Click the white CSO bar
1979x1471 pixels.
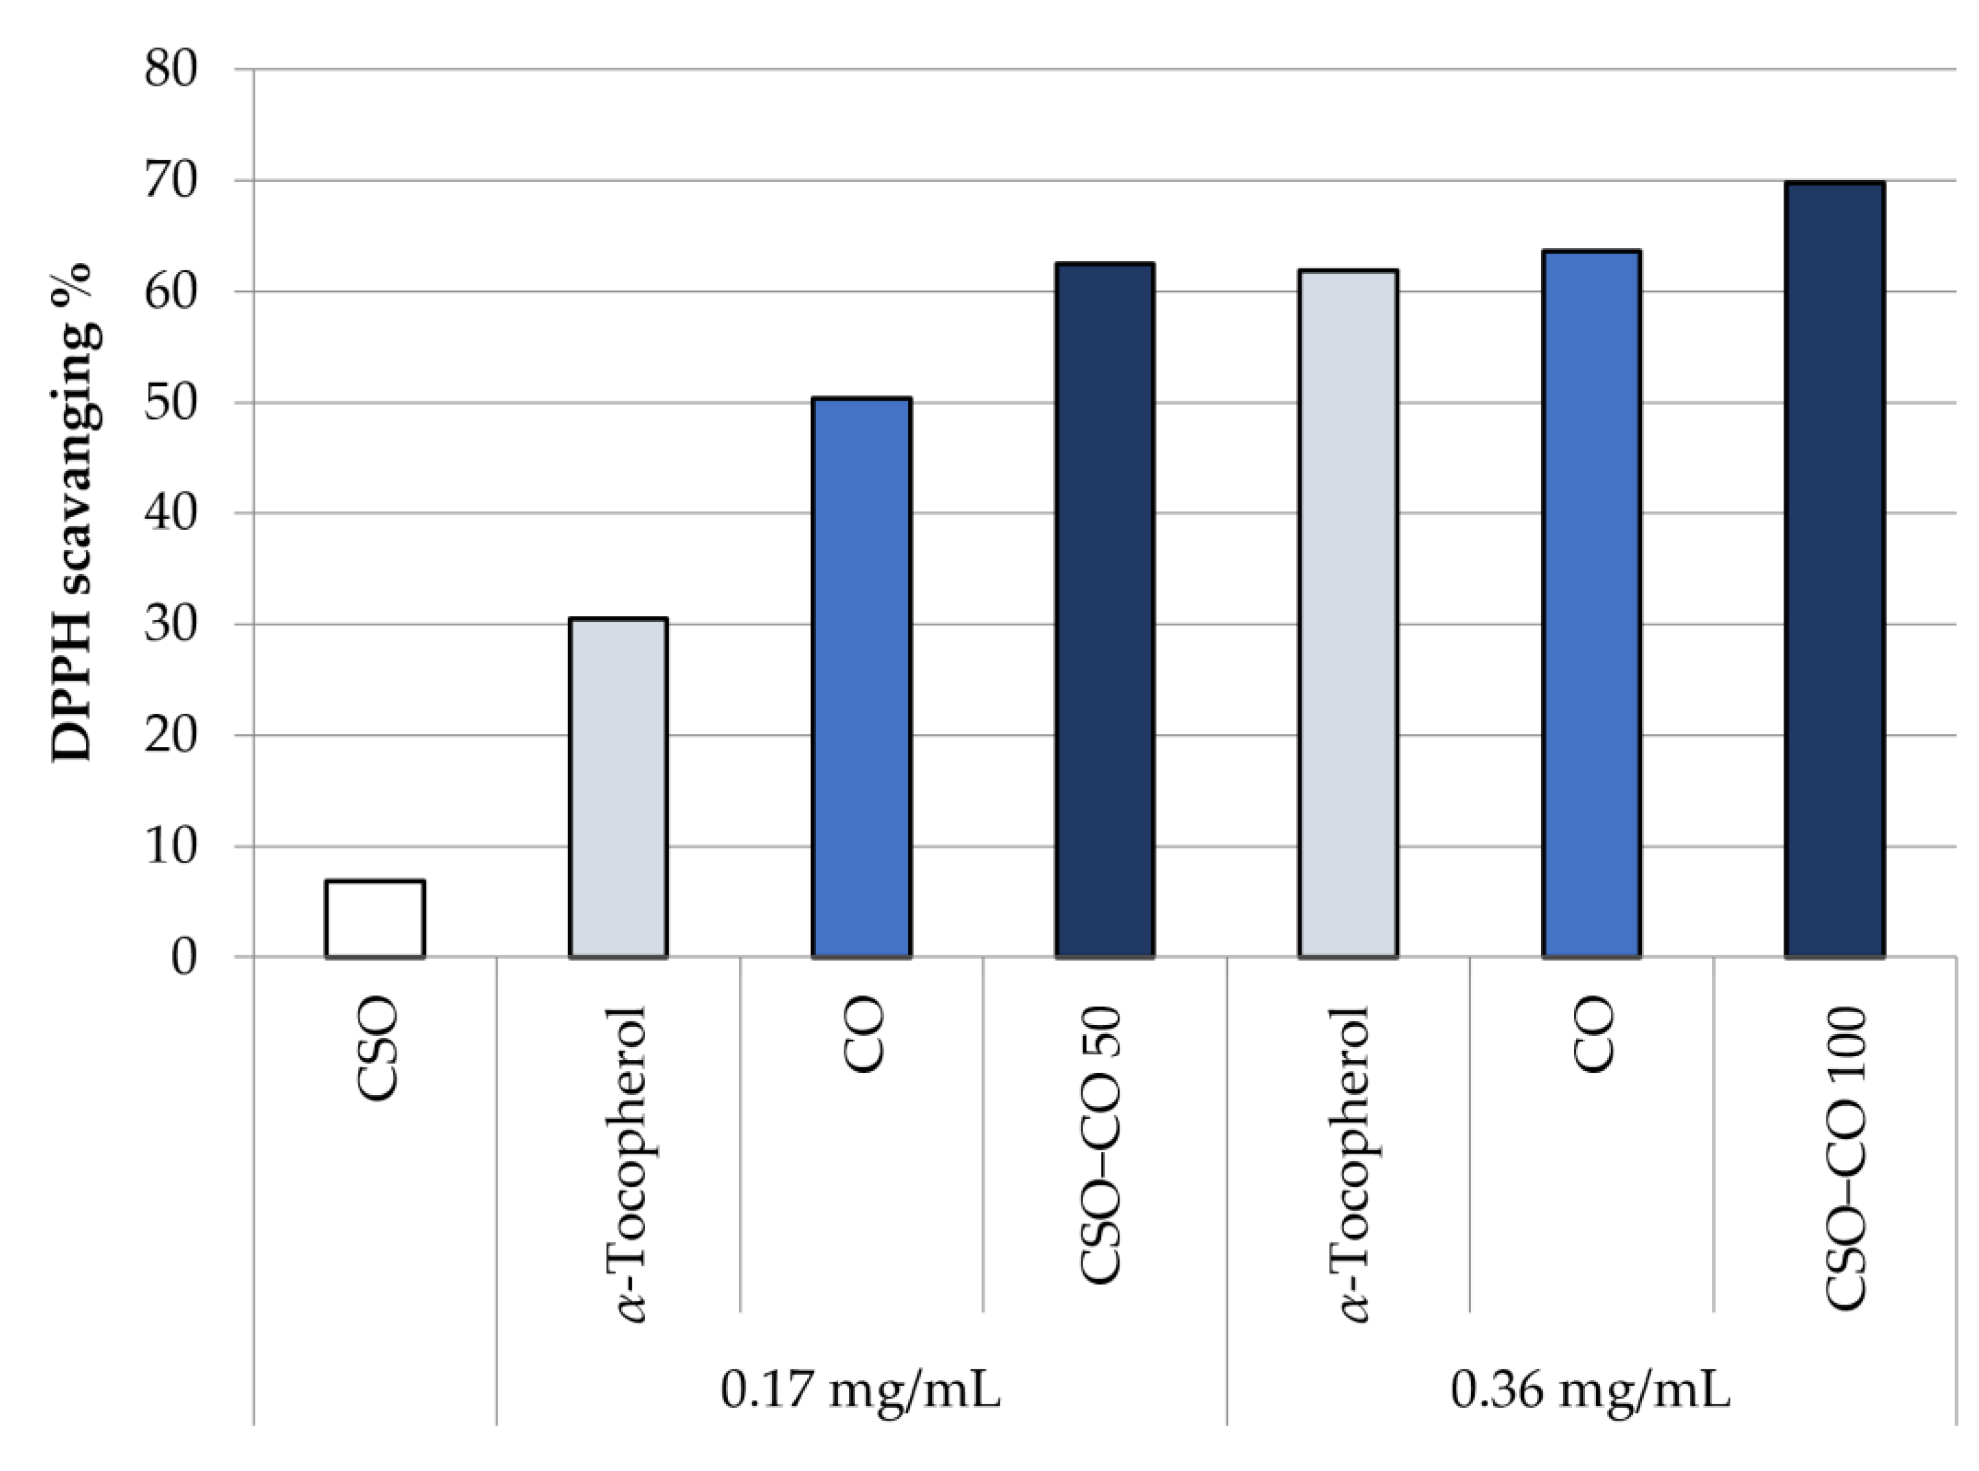(x=375, y=919)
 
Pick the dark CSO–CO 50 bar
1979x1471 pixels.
(x=1105, y=611)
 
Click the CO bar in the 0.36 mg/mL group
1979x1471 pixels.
(x=1591, y=605)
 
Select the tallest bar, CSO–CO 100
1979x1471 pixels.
(x=1835, y=570)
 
